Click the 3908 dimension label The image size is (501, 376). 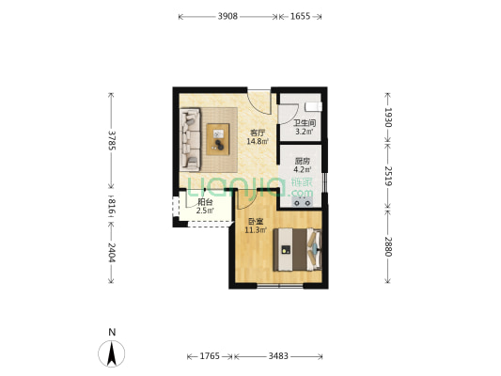[x=227, y=16]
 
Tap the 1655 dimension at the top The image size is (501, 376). [x=300, y=16]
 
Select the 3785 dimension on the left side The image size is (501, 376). [x=112, y=140]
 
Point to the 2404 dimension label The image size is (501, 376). [x=112, y=252]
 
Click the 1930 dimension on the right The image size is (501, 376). [x=387, y=117]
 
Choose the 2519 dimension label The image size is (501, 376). [x=387, y=176]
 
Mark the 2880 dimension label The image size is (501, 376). [x=387, y=246]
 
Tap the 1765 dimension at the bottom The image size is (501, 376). [x=210, y=356]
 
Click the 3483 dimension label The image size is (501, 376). [x=278, y=356]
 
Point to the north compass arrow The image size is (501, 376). [x=112, y=353]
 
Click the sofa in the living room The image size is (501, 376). [x=191, y=139]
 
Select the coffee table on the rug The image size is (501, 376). [x=218, y=139]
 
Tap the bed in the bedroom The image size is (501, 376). [x=297, y=249]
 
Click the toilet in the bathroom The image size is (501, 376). [x=313, y=106]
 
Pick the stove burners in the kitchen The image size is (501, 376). [x=303, y=202]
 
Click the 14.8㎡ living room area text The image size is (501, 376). [x=258, y=141]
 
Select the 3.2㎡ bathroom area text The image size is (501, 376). [x=305, y=132]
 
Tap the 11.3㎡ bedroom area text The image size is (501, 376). [x=256, y=229]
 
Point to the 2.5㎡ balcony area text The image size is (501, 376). [x=205, y=211]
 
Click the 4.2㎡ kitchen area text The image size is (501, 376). [x=303, y=169]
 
